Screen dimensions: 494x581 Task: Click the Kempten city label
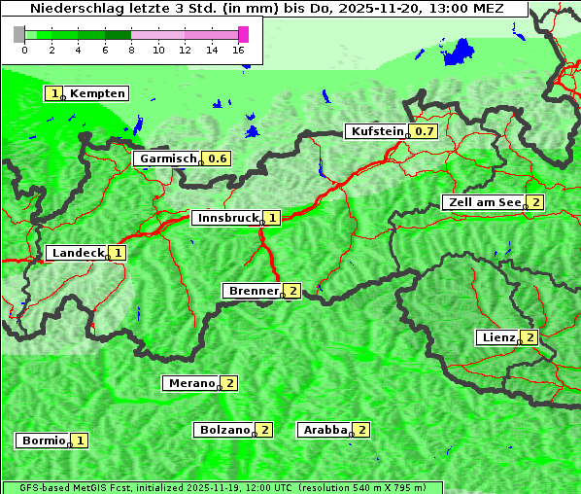(97, 93)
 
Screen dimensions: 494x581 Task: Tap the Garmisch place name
(167, 159)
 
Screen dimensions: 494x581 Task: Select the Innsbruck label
(226, 218)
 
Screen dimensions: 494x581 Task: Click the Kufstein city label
(375, 131)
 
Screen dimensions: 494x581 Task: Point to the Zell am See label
(482, 202)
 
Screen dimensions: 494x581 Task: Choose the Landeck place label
(77, 253)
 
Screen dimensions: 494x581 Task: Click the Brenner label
(252, 291)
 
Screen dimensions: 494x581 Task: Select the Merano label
(190, 383)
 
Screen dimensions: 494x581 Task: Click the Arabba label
(324, 429)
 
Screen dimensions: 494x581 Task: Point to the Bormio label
(44, 441)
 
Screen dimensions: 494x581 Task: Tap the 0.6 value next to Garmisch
(218, 159)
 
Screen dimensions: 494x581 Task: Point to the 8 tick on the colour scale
(131, 50)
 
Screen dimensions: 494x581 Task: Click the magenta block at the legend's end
(244, 35)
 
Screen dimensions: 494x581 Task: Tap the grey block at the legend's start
(19, 35)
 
